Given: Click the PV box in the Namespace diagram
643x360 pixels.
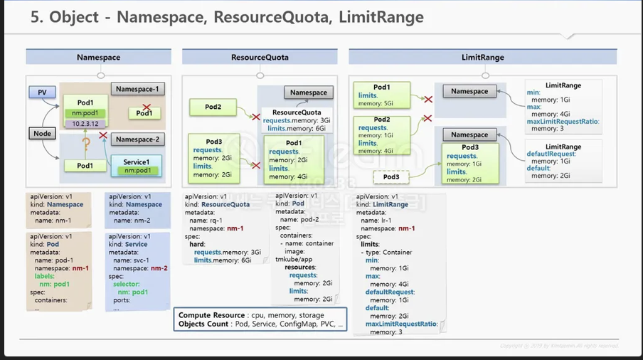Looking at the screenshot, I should coord(41,92).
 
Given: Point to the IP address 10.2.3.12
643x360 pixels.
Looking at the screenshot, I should coord(85,124).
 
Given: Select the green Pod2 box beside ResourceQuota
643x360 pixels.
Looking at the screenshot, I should coord(213,107).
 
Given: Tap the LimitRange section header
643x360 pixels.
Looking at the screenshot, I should coord(482,57).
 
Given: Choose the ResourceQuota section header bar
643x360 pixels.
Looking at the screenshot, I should coord(259,57).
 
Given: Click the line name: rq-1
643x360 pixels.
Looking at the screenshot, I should coord(208,220).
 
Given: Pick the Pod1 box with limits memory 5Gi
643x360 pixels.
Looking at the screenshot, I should coord(383,95).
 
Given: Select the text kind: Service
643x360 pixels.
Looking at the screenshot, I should coord(131,244).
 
